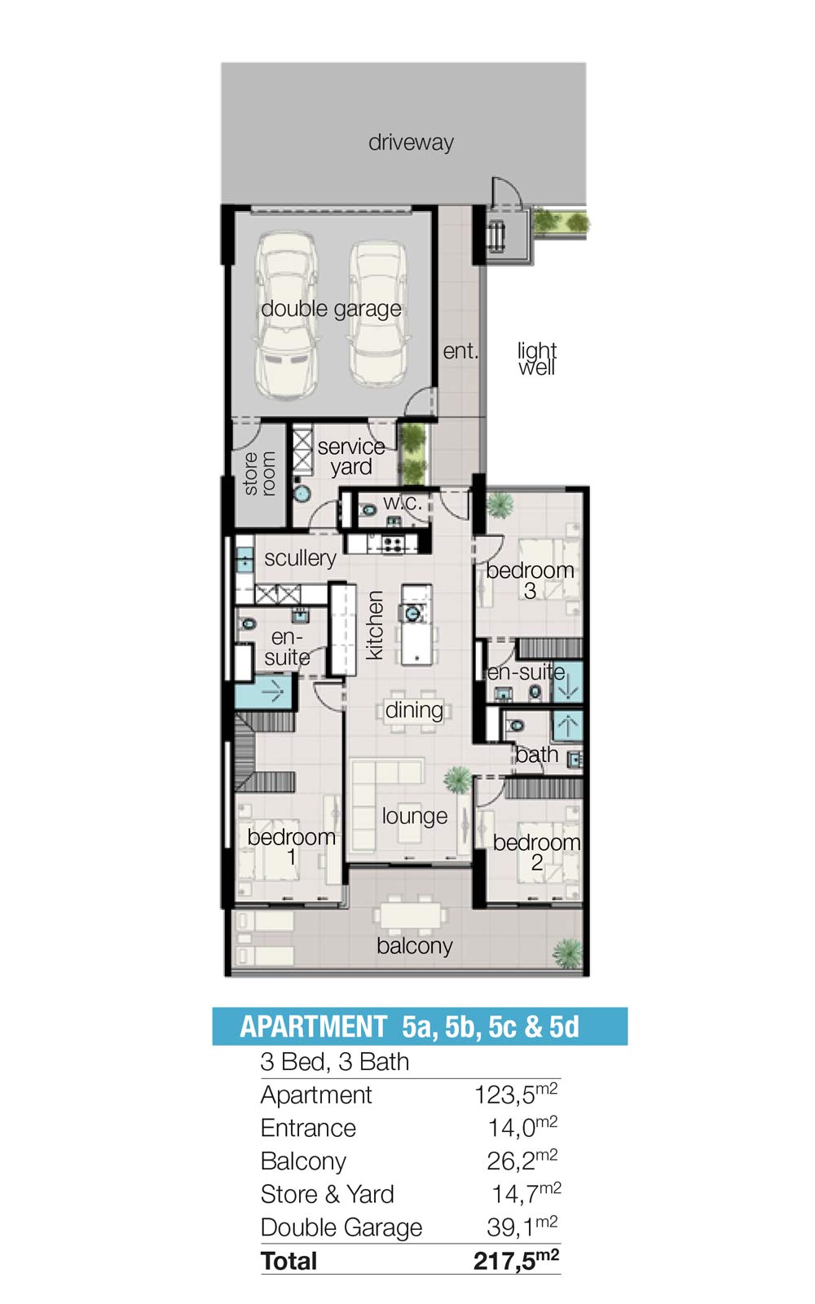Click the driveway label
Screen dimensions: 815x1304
click(x=411, y=143)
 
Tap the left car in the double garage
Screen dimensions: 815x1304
click(x=287, y=315)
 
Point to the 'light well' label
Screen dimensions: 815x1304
click(x=537, y=358)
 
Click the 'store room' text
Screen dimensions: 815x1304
click(x=259, y=474)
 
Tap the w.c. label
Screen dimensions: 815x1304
click(x=403, y=502)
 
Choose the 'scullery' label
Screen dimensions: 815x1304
click(x=301, y=558)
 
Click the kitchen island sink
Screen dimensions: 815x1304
click(x=412, y=613)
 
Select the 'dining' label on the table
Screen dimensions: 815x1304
click(x=414, y=711)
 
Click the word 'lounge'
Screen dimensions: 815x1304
click(x=415, y=816)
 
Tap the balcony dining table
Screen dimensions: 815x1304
click(x=411, y=914)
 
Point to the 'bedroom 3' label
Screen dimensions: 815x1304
click(x=530, y=580)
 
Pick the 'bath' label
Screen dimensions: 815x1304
click(x=537, y=755)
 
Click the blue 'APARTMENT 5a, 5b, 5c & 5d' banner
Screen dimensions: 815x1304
click(x=420, y=1026)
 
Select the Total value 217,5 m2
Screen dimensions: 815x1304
click(x=517, y=1260)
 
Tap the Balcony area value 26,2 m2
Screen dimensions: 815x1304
click(x=522, y=1161)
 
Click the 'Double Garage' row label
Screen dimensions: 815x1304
click(x=341, y=1227)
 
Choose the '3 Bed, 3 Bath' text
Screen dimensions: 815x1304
click(x=335, y=1063)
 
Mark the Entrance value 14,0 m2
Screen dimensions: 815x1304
click(x=522, y=1128)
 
